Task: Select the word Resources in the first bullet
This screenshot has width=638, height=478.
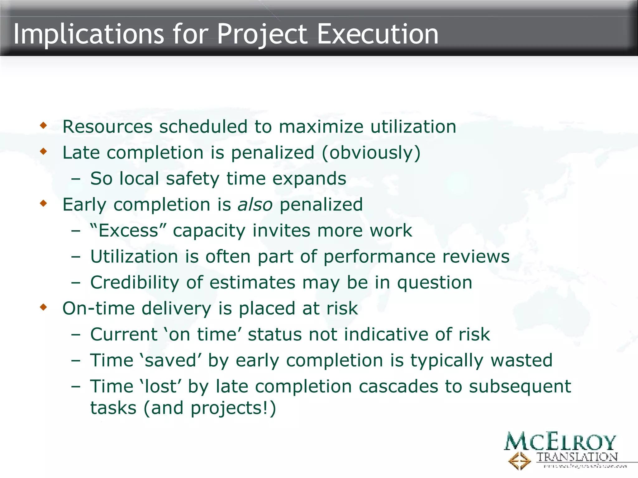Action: [107, 127]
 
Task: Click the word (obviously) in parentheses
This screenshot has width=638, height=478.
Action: [371, 153]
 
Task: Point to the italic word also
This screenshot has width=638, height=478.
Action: [255, 205]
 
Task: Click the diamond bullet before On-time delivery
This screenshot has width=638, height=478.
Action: [43, 307]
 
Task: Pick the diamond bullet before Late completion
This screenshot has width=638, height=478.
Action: [43, 152]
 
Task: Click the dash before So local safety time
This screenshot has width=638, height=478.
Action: [76, 179]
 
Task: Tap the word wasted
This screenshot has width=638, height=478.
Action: [521, 361]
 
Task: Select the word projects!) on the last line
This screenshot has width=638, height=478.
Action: [233, 408]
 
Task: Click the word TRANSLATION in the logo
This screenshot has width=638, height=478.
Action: [577, 457]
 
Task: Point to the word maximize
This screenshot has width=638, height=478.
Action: [321, 127]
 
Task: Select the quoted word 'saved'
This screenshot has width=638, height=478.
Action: [171, 361]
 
